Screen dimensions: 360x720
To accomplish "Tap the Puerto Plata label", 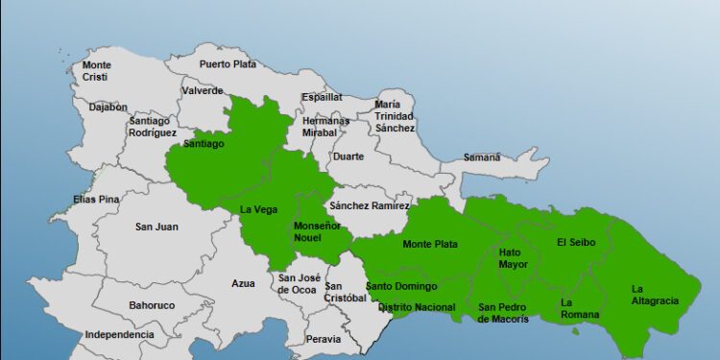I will click(x=228, y=64).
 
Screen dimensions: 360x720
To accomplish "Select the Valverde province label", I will click(x=202, y=90).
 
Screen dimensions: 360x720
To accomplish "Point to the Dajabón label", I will click(x=108, y=107).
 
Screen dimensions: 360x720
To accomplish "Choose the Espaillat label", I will click(x=322, y=97).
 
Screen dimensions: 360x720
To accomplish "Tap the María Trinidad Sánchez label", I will click(x=395, y=115).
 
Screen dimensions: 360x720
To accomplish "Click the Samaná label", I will click(x=482, y=156).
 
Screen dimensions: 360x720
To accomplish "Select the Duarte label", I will click(x=348, y=156).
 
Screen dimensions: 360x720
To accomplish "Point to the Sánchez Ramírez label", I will click(x=369, y=205).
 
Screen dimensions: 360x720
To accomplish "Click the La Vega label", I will click(x=258, y=209).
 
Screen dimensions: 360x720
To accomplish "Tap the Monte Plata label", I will click(x=429, y=244).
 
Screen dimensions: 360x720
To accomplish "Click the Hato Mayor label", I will click(x=513, y=257).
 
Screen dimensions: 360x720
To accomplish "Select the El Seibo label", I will click(x=576, y=242).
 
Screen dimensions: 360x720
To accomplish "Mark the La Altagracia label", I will click(x=655, y=294).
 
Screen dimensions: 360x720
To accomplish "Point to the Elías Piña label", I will click(x=96, y=199).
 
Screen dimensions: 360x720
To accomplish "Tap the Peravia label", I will click(x=323, y=338).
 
